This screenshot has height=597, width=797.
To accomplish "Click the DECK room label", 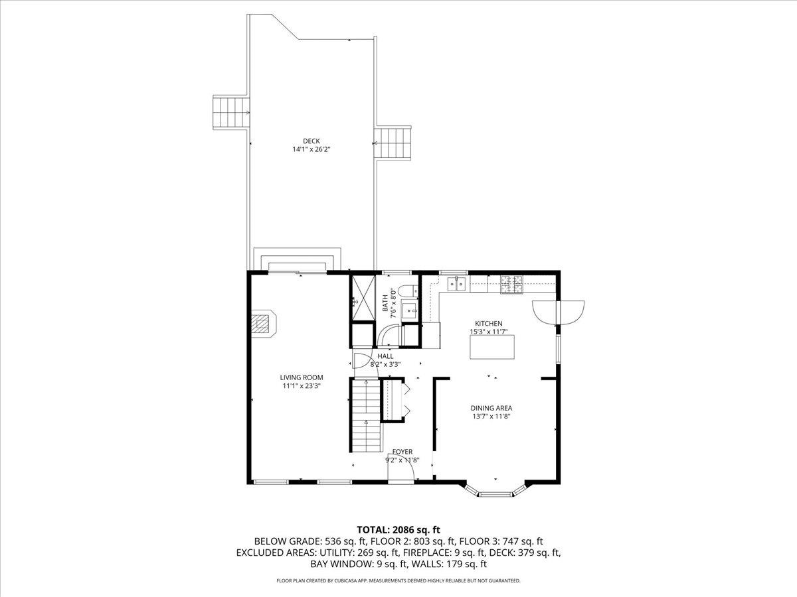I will click(x=311, y=141).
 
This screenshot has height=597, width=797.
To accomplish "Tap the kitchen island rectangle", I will click(x=492, y=347).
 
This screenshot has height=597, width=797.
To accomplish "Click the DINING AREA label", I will click(x=492, y=408).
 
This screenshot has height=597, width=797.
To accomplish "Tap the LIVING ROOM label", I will click(x=301, y=377).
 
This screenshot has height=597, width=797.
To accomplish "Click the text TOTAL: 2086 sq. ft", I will click(x=398, y=529).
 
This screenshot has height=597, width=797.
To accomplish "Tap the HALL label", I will click(x=385, y=356).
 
